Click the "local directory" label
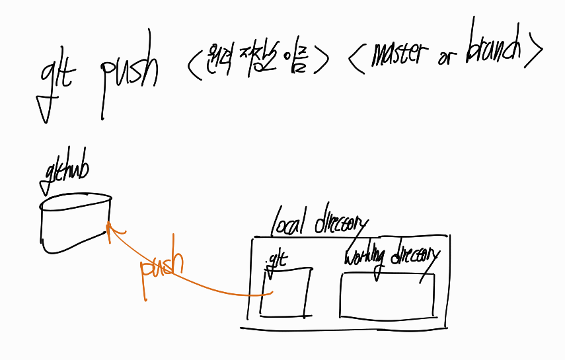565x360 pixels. pyautogui.click(x=319, y=222)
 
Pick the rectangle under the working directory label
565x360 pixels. pyautogui.click(x=387, y=295)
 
